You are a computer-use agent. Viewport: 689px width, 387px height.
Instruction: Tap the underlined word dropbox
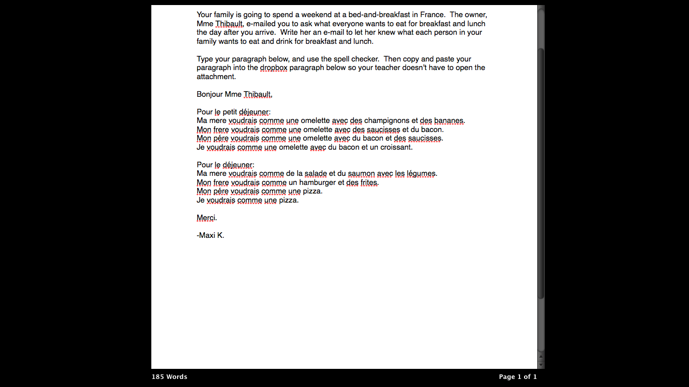(273, 68)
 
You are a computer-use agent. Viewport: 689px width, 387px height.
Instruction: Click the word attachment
(216, 77)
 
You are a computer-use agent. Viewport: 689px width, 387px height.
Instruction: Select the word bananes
(449, 121)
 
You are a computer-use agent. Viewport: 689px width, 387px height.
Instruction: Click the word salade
(316, 174)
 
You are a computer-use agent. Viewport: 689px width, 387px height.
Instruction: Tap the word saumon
(361, 174)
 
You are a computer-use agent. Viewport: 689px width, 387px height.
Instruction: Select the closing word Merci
(206, 218)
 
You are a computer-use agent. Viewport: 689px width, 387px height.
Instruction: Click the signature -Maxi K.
(210, 235)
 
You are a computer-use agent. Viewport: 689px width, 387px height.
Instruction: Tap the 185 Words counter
(169, 377)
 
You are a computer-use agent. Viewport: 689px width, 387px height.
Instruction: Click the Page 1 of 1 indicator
(518, 377)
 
